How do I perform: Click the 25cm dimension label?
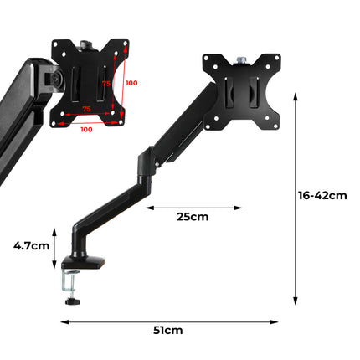pyautogui.click(x=193, y=217)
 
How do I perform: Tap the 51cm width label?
pyautogui.click(x=168, y=330)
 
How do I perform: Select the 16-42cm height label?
pyautogui.click(x=322, y=196)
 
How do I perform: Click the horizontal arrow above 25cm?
pyautogui.click(x=193, y=207)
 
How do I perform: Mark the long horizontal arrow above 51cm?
pyautogui.click(x=169, y=319)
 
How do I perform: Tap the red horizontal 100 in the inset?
pyautogui.click(x=86, y=130)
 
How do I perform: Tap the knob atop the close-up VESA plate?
pyautogui.click(x=86, y=41)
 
